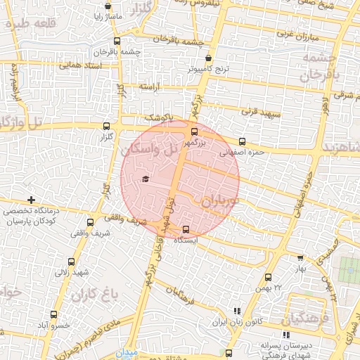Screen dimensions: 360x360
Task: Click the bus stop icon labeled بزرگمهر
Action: tap(195, 131)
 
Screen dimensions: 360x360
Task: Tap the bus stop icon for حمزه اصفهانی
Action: tap(243, 141)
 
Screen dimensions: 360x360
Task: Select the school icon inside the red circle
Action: tap(146, 179)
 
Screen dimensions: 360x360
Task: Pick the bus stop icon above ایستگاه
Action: tap(186, 229)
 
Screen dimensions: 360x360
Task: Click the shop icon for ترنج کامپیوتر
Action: tap(208, 58)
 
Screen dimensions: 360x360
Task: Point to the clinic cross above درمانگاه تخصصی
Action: tap(30, 200)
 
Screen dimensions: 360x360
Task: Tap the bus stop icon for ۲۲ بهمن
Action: tap(268, 278)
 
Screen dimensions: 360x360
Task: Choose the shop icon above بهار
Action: tap(301, 258)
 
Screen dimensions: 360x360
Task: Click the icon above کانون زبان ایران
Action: tap(237, 311)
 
